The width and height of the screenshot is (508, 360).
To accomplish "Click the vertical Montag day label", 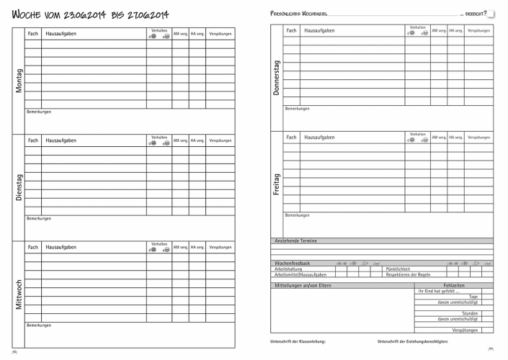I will tap(19, 81).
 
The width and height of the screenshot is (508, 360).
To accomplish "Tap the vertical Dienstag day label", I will tap(19, 186).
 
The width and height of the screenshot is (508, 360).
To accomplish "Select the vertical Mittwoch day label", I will tap(19, 293).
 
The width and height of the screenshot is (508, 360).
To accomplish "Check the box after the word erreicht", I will tap(491, 13).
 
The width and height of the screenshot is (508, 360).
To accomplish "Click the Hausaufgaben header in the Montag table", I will tap(61, 34).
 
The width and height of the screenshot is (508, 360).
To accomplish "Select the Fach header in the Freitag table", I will tap(291, 137).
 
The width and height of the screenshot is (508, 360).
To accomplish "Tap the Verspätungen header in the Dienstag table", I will tap(220, 140).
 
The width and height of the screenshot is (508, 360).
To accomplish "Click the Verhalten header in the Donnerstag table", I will tap(417, 27).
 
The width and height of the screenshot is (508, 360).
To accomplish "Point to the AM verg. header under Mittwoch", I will tap(180, 248).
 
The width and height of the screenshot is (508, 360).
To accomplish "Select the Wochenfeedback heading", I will tap(293, 263).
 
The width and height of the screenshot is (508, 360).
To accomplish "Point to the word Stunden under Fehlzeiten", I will tap(470, 313).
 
